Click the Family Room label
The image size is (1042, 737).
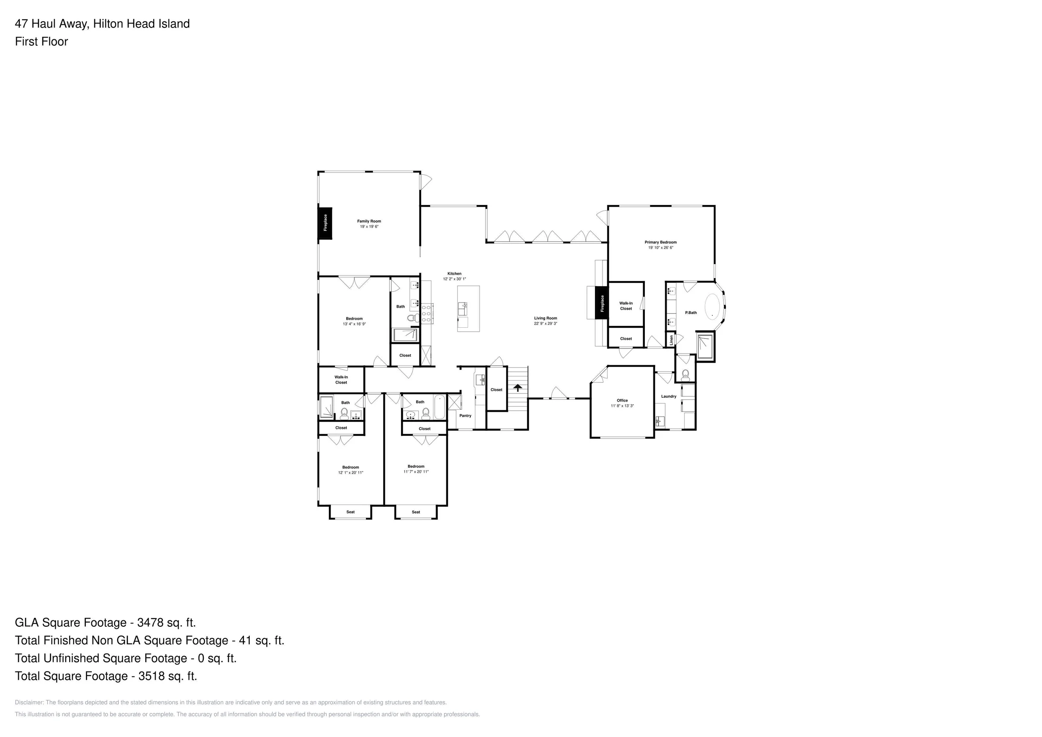[369, 221]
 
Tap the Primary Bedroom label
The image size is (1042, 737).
[660, 242]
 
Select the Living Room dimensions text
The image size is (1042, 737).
[545, 323]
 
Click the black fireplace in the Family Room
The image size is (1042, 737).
[325, 223]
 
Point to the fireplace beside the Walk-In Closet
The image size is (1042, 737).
[602, 303]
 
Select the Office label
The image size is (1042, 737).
[622, 400]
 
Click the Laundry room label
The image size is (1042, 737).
[668, 396]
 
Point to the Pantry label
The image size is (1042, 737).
[465, 416]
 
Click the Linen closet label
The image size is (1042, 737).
[672, 340]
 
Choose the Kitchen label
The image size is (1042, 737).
[454, 274]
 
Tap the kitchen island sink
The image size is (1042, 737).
[462, 309]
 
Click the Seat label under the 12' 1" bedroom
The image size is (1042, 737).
[350, 512]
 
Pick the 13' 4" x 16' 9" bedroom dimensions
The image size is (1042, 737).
[354, 324]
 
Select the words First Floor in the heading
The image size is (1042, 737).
[41, 41]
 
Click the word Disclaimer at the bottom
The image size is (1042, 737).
[29, 702]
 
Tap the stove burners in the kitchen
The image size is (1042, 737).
[427, 314]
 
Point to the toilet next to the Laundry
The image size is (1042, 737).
[685, 375]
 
